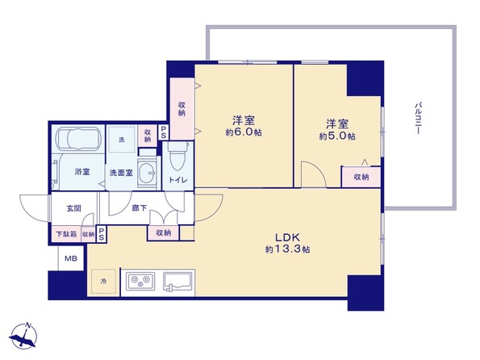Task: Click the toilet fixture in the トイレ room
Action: click(177, 157)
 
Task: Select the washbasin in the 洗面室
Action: click(147, 172)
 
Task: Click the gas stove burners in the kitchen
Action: click(140, 281)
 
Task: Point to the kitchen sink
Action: click(177, 281)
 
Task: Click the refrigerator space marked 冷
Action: click(103, 281)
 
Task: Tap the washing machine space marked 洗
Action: click(122, 140)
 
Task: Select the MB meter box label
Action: click(71, 258)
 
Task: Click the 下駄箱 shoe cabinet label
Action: click(66, 234)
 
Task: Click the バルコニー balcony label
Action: click(418, 118)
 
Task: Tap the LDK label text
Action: click(287, 237)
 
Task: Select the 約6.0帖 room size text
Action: click(244, 132)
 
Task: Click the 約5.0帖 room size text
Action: click(337, 136)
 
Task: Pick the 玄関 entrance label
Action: click(74, 208)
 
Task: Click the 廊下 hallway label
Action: click(140, 208)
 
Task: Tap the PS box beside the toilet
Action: click(164, 132)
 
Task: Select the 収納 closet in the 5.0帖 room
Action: click(361, 177)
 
